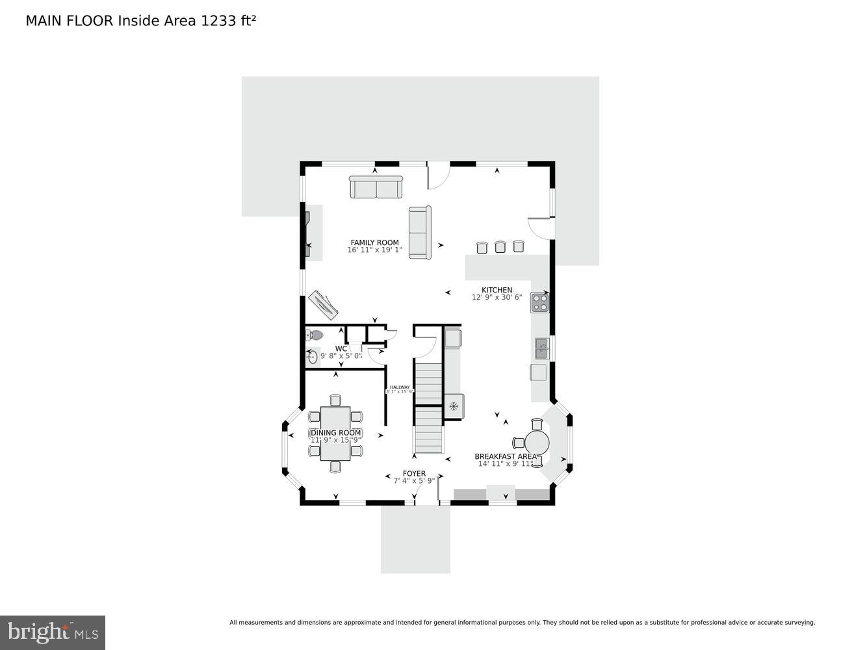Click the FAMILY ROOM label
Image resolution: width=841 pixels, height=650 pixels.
(374, 242)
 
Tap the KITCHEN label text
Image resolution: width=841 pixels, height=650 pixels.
(497, 290)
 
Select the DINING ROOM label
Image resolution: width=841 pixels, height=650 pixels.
(335, 433)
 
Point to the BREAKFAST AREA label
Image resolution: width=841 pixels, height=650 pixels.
(506, 456)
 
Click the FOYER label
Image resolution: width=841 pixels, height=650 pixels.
(414, 473)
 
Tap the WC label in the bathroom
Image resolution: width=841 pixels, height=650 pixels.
(341, 348)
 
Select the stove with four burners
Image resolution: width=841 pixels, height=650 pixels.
(539, 303)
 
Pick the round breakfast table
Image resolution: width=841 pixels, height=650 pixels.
(537, 443)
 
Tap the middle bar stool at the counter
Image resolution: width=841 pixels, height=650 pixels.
(500, 246)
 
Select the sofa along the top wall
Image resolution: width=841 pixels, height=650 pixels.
(376, 187)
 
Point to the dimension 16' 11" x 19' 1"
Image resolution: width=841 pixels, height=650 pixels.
(374, 250)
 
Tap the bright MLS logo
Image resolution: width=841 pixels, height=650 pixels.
(53, 632)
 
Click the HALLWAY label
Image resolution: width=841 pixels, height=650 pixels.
(400, 387)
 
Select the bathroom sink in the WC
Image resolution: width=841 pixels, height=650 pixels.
(312, 357)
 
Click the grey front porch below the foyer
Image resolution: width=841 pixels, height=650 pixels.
(415, 539)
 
